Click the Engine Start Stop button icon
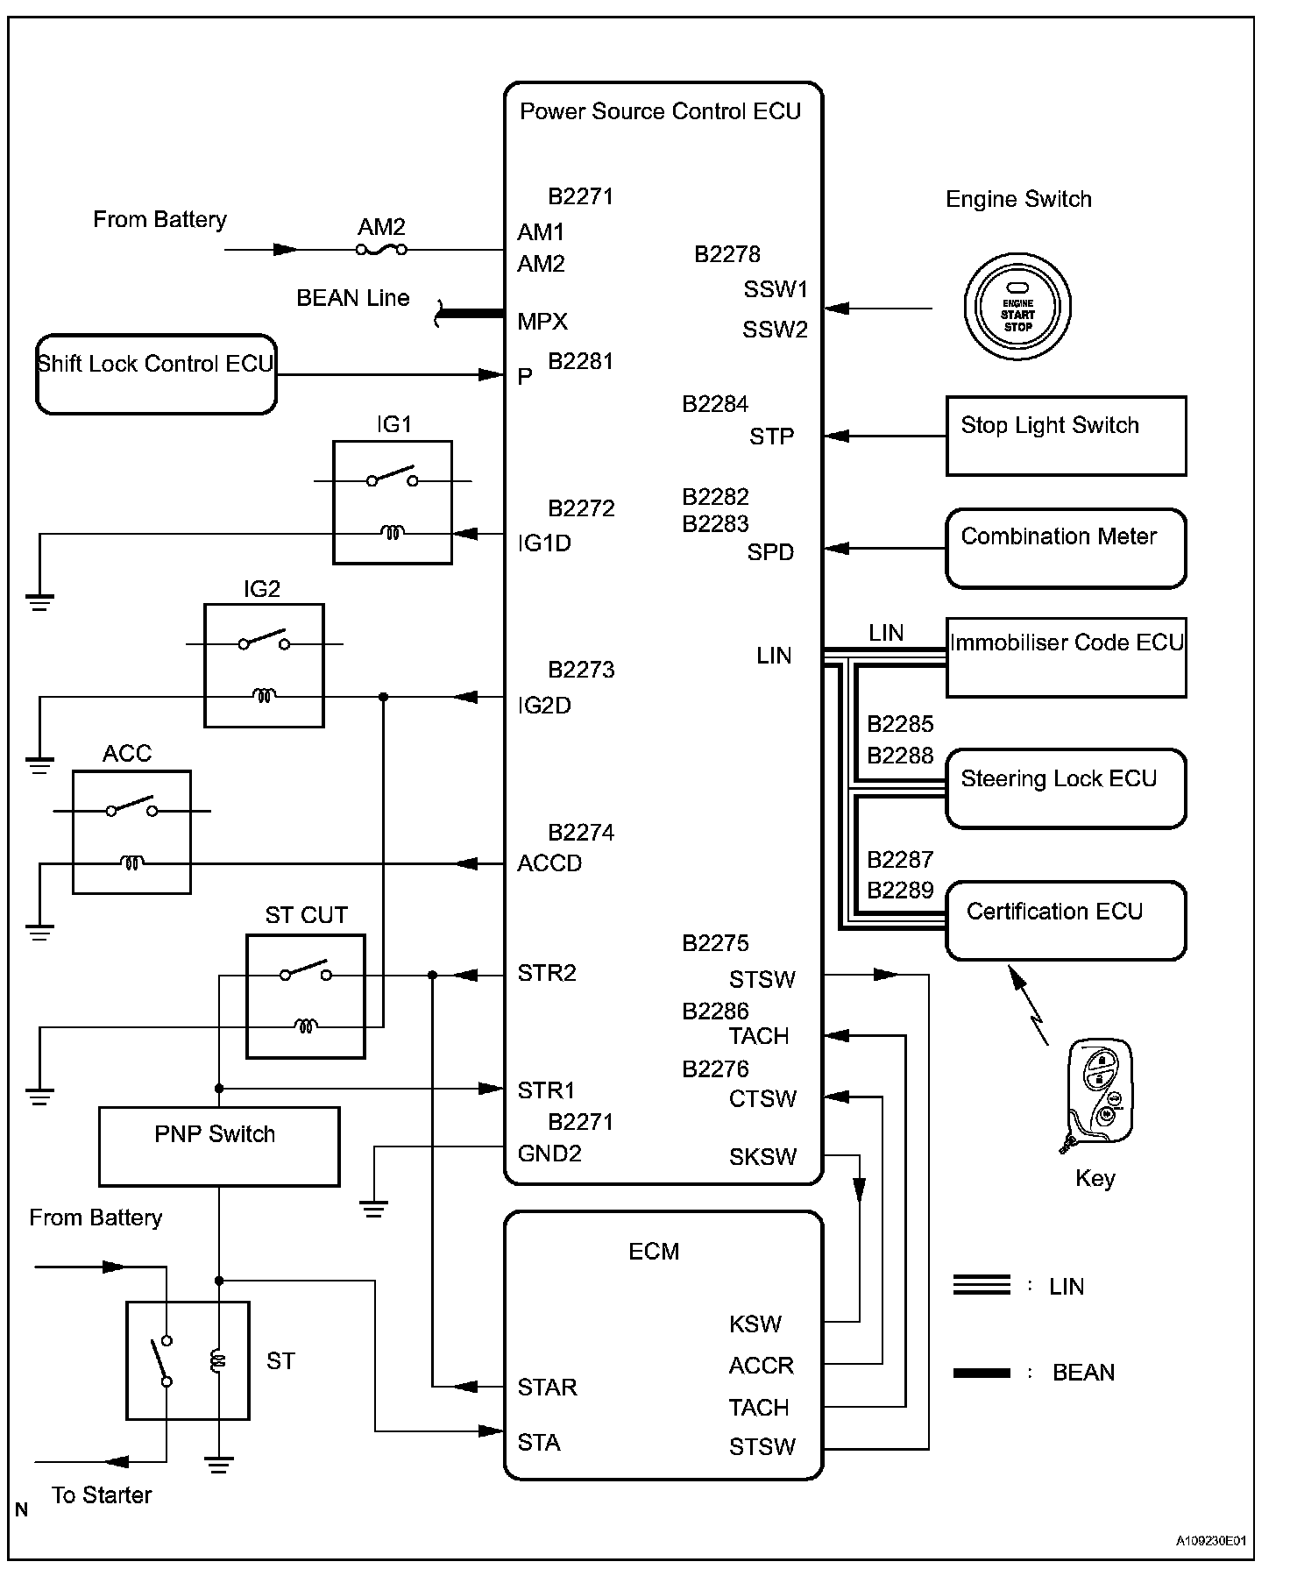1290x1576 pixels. coord(1017,307)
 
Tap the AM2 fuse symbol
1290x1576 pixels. coord(381,250)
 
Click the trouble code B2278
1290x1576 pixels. coord(727,254)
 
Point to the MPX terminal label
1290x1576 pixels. coord(542,322)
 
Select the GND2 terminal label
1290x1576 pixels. coord(549,1154)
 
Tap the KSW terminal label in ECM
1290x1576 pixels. coord(755,1324)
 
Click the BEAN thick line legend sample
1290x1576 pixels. coord(982,1373)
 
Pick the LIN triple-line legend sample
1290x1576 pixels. coord(982,1285)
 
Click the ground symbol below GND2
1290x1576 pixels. coord(373,1209)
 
